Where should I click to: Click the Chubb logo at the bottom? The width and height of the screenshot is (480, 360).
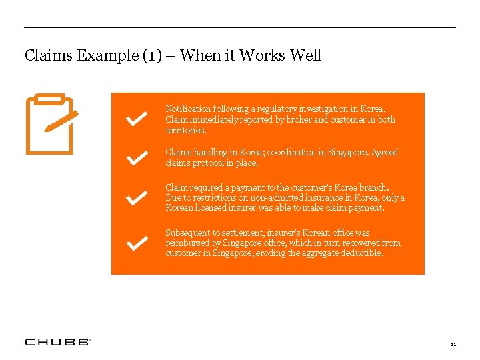[57, 342]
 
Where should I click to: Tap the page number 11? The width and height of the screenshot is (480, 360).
[453, 344]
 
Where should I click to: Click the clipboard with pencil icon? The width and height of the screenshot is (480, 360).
[51, 123]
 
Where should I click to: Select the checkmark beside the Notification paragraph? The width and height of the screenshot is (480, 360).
[137, 119]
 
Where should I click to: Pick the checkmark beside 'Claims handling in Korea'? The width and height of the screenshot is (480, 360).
[137, 157]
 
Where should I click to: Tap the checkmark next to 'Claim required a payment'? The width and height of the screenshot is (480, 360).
[137, 198]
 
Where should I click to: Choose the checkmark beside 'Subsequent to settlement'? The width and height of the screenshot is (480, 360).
[137, 243]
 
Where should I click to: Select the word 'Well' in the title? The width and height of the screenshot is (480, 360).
[305, 55]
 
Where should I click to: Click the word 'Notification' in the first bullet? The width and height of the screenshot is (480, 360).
[188, 109]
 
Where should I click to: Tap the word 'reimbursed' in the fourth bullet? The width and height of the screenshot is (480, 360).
[189, 243]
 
